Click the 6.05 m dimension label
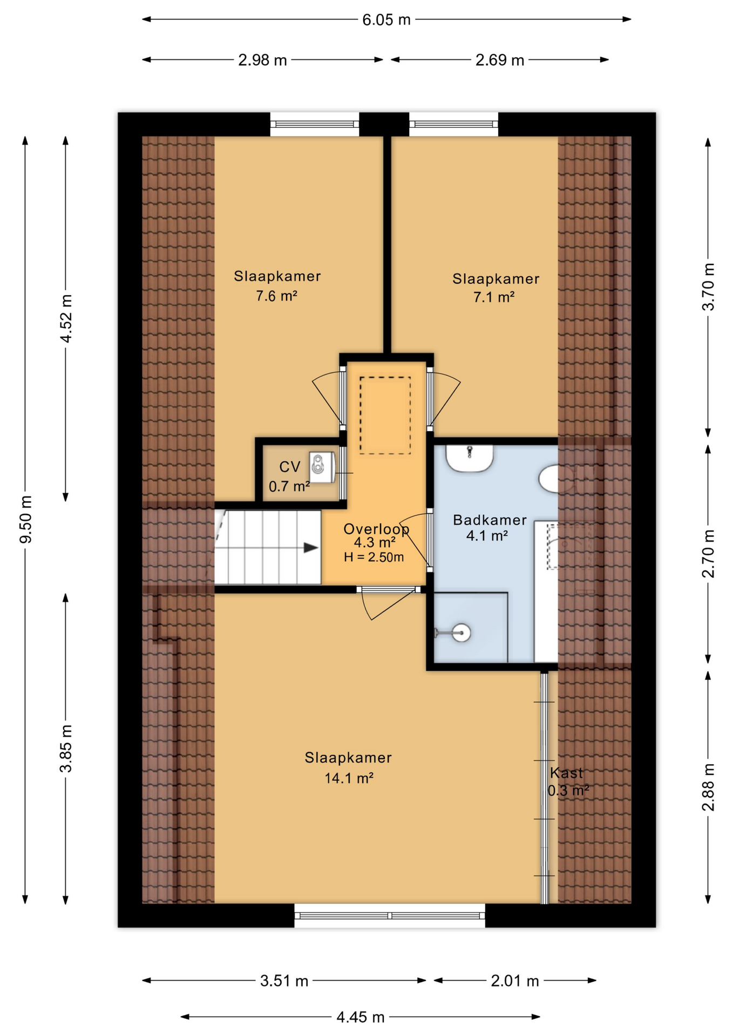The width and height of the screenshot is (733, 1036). pyautogui.click(x=386, y=20)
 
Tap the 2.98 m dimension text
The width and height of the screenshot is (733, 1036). pyautogui.click(x=262, y=60)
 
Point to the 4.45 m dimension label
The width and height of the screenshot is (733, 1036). pyautogui.click(x=360, y=1017)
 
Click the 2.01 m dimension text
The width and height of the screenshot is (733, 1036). pyautogui.click(x=514, y=980)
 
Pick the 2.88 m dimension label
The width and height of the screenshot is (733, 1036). pyautogui.click(x=708, y=787)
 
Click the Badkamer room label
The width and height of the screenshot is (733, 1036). pyautogui.click(x=489, y=520)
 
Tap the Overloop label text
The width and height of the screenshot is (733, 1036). pyautogui.click(x=376, y=529)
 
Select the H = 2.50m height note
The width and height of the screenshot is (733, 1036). pyautogui.click(x=374, y=557)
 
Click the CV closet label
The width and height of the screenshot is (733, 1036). pyautogui.click(x=289, y=467)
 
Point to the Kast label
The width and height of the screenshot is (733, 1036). pyautogui.click(x=566, y=773)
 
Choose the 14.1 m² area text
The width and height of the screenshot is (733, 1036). pyautogui.click(x=349, y=778)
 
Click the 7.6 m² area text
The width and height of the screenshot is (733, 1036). pyautogui.click(x=276, y=296)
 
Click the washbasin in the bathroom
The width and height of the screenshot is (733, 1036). pyautogui.click(x=469, y=457)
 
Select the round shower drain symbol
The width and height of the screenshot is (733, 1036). pyautogui.click(x=461, y=632)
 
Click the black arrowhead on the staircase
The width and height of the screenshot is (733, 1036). pyautogui.click(x=310, y=548)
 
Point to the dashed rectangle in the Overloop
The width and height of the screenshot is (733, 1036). pyautogui.click(x=385, y=415)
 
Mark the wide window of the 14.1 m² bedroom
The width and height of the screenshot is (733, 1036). pyautogui.click(x=390, y=916)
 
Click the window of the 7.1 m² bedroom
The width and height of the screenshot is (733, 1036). pyautogui.click(x=453, y=124)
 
